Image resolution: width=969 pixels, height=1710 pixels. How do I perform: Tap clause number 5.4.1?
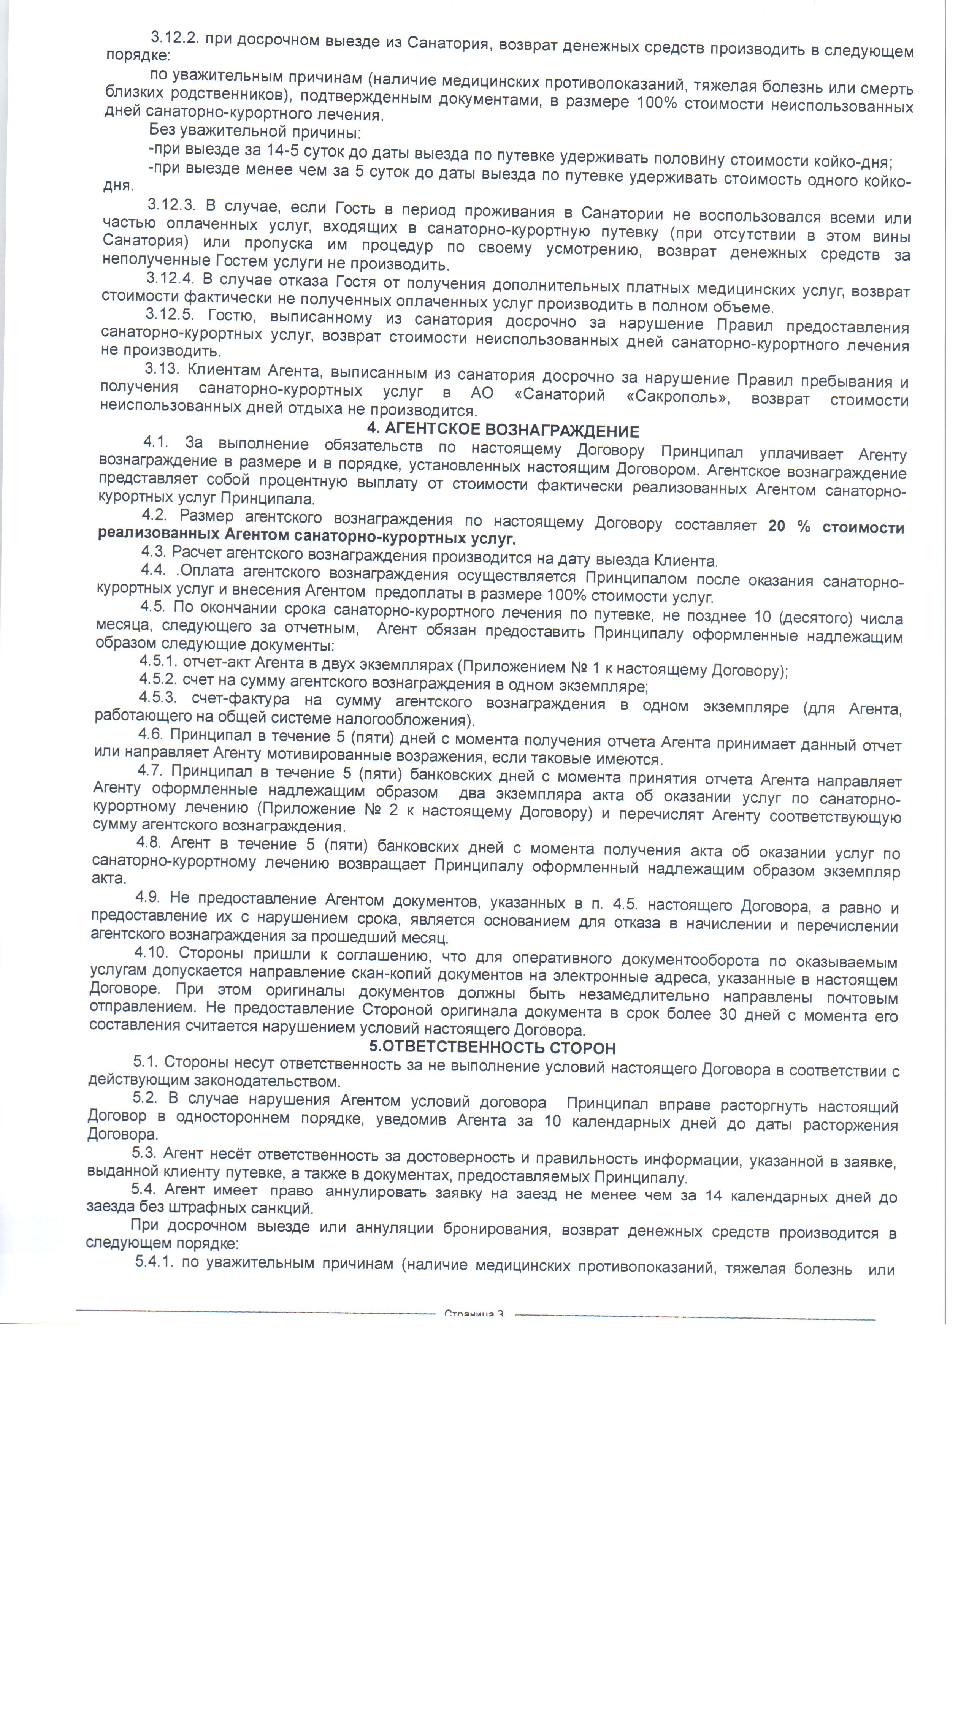click(x=153, y=1262)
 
